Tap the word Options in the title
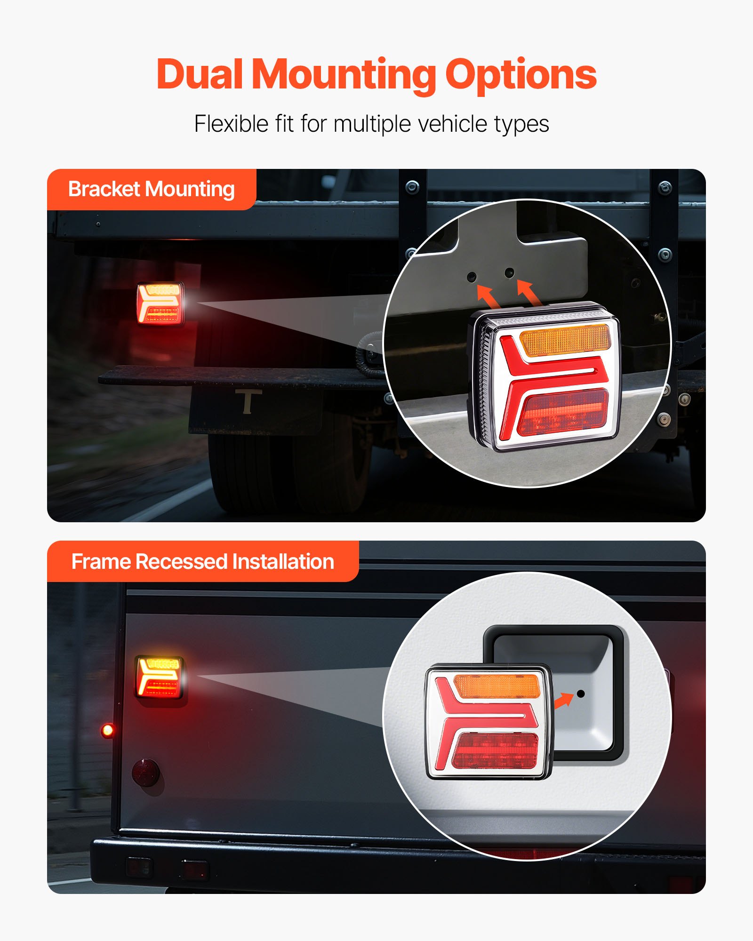(521, 75)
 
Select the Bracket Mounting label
(151, 189)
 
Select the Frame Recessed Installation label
(202, 562)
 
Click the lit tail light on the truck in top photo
(160, 304)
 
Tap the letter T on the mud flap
(248, 401)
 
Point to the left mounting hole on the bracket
(472, 277)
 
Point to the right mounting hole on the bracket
(509, 272)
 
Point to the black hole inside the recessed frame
(580, 694)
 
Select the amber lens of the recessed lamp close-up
(497, 686)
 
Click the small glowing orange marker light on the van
(107, 730)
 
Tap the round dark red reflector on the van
(146, 772)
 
